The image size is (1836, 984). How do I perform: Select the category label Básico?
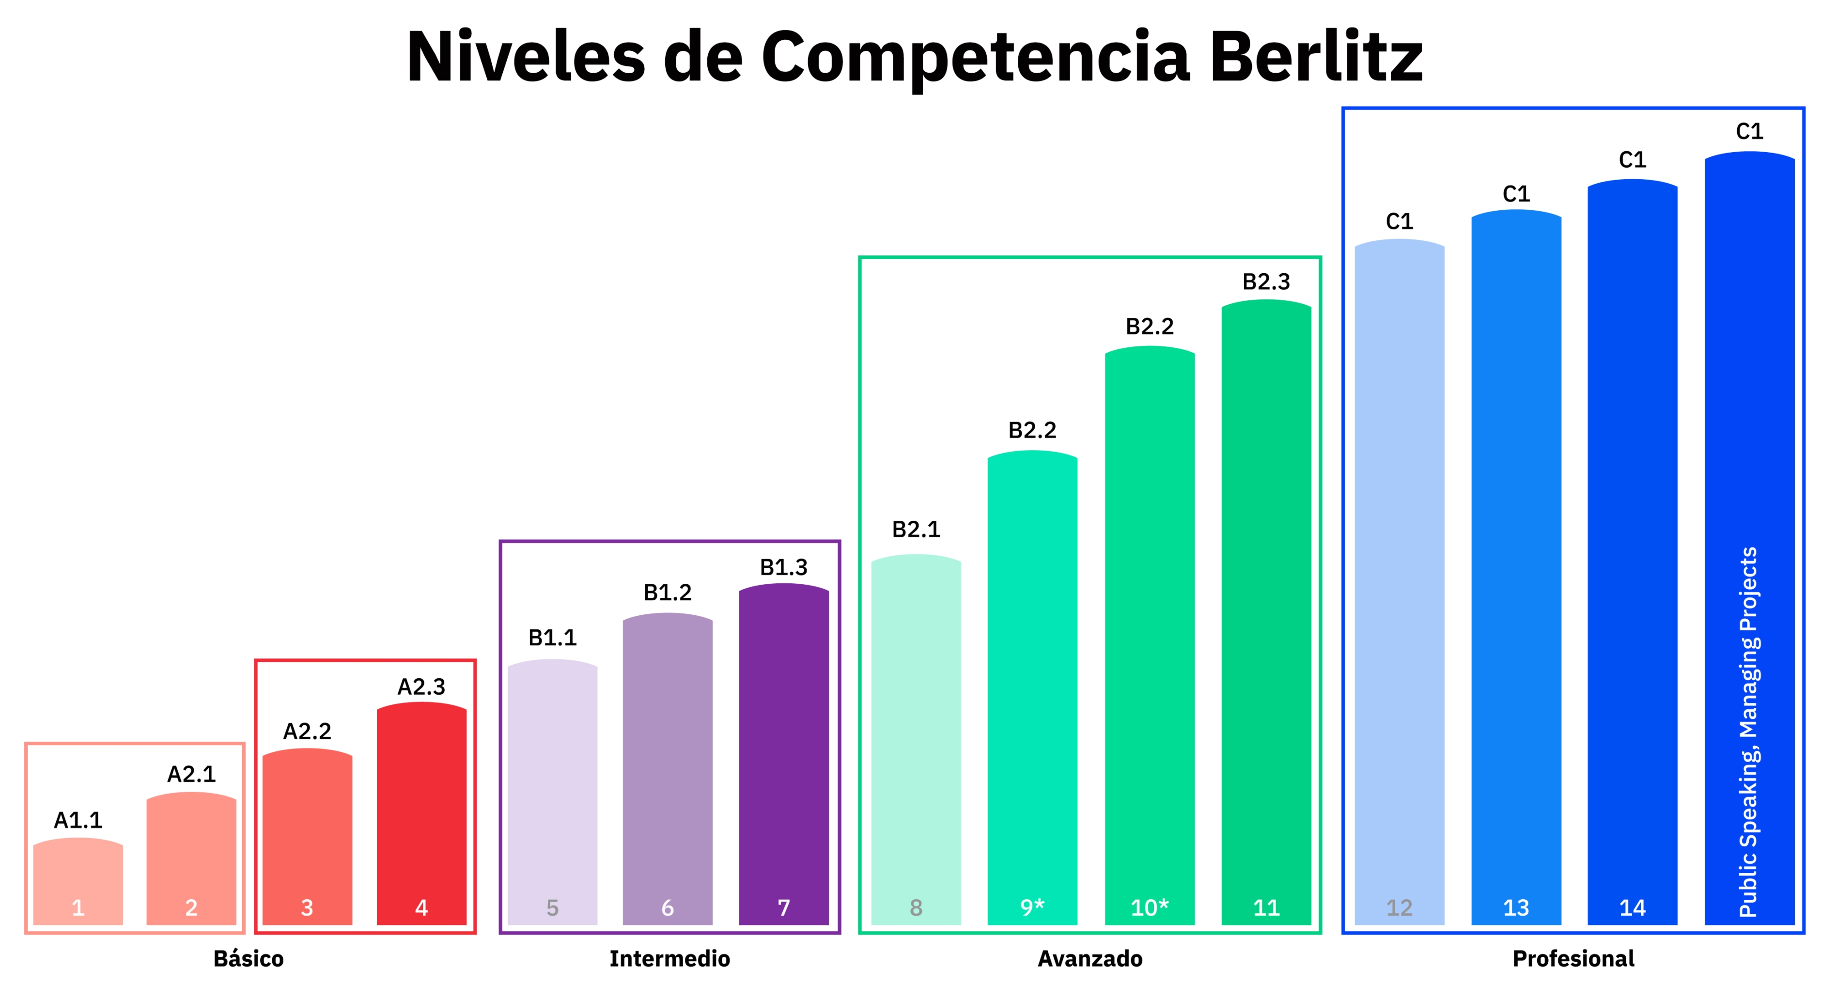[x=248, y=958]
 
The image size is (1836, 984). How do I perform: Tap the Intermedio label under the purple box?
[x=669, y=958]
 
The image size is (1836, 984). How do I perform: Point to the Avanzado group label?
[x=1090, y=958]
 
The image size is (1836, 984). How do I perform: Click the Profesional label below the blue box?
[x=1573, y=958]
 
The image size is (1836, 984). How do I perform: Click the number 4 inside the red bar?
[x=421, y=908]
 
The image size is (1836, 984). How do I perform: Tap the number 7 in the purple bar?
[x=783, y=908]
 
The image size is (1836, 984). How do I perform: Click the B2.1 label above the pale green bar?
[x=916, y=529]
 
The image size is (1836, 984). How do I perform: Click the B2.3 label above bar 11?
[x=1266, y=281]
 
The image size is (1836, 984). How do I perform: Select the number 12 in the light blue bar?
[x=1399, y=908]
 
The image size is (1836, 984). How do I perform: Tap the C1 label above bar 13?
[x=1516, y=194]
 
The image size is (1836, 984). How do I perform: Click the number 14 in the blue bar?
[x=1632, y=908]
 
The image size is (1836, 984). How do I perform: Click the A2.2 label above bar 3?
[x=307, y=731]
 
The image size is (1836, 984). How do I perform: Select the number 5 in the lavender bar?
[x=552, y=908]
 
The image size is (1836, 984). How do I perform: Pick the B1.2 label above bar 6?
[x=667, y=593]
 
